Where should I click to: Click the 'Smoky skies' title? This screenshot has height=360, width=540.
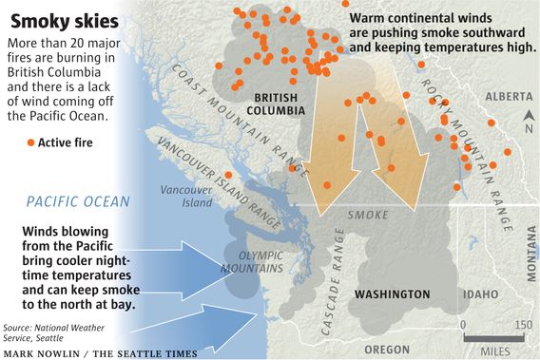pyautogui.click(x=66, y=20)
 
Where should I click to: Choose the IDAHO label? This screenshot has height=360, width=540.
pyautogui.click(x=481, y=295)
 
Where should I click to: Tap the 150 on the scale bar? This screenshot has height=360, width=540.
pyautogui.click(x=522, y=326)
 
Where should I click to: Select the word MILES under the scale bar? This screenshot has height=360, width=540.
pyautogui.click(x=494, y=351)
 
